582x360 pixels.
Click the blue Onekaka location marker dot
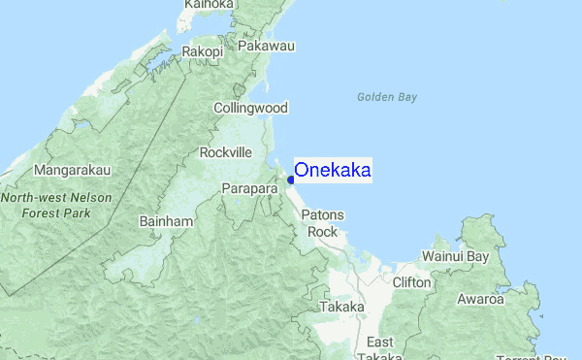click(290, 180)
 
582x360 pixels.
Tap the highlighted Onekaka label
click(332, 171)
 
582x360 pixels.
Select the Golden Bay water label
click(386, 97)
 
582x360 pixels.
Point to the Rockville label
click(225, 152)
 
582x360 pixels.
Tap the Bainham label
click(167, 222)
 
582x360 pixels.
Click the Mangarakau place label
click(73, 170)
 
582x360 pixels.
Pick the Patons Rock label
click(320, 223)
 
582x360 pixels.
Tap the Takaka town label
click(341, 307)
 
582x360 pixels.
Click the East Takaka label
click(379, 349)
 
